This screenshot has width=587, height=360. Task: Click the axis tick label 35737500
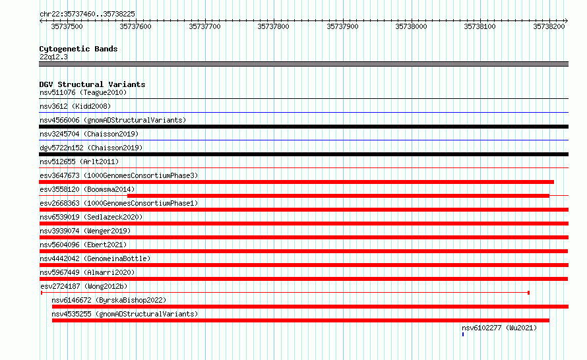67,26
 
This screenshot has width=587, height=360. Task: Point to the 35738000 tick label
411,26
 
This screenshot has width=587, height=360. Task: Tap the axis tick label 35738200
549,26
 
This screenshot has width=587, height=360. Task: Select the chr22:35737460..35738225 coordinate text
87,14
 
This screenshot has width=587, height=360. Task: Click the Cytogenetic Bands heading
78,49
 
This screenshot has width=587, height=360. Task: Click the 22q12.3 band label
53,57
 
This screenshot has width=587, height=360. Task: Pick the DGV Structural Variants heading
92,84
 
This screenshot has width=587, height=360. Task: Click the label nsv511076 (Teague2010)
83,92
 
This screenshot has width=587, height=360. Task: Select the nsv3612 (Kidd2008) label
75,106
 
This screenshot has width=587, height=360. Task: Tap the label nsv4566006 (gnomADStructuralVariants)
113,120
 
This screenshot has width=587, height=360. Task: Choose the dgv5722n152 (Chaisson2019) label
91,148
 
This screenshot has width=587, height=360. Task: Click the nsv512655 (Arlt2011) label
79,162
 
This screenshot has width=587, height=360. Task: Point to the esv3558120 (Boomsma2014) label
87,189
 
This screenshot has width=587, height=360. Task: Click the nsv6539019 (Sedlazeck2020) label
91,217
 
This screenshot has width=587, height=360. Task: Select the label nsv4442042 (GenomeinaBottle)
95,258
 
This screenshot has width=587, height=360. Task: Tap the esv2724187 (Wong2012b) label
84,286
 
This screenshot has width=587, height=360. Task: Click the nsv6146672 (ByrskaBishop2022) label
109,300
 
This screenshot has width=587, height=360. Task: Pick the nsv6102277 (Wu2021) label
499,328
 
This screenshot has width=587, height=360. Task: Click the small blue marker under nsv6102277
463,334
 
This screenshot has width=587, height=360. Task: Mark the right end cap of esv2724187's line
528,293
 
